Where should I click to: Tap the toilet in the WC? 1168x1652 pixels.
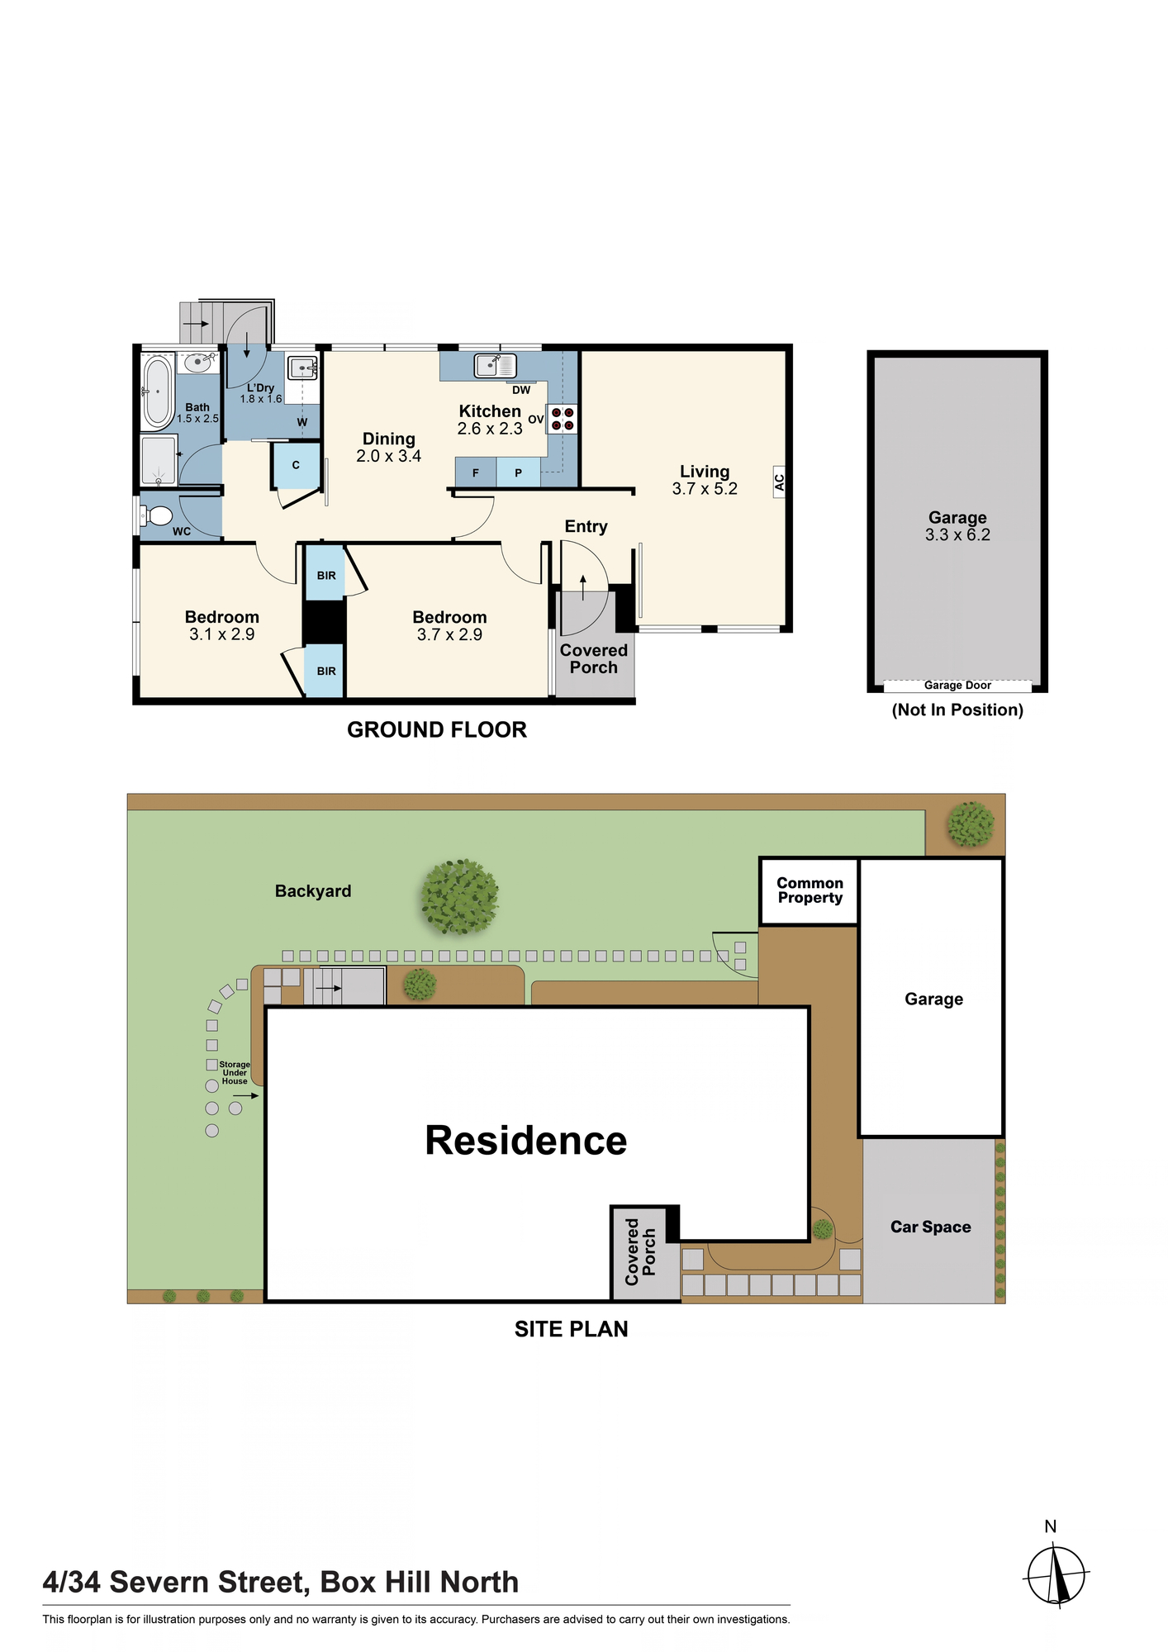(157, 516)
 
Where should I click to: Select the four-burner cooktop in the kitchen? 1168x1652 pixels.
(563, 419)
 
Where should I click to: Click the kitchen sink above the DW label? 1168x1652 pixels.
(496, 365)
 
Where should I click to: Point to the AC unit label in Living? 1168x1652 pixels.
(779, 482)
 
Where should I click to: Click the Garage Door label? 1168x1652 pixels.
(957, 686)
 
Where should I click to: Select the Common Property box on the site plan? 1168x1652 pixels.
(810, 891)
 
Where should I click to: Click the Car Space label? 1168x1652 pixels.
(930, 1227)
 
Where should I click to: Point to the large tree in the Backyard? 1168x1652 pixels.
(459, 896)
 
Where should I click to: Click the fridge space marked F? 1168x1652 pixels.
(476, 472)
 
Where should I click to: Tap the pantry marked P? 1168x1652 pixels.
(518, 472)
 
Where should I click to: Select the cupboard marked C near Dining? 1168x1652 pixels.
(296, 466)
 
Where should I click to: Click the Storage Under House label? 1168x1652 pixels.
(235, 1073)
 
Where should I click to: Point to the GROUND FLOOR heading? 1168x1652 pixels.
(437, 730)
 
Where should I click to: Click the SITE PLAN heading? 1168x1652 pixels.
(572, 1329)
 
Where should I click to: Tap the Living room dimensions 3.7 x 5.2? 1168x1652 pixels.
(705, 489)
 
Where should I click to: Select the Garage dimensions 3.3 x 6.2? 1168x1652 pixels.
(957, 535)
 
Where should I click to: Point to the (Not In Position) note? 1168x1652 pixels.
(957, 710)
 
